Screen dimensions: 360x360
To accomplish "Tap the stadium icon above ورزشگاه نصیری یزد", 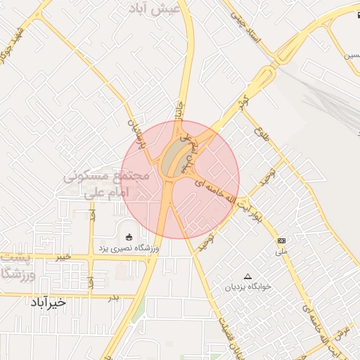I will (x=128, y=236).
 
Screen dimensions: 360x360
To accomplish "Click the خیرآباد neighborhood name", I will (x=47, y=302).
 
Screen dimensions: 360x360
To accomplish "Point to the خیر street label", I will (x=64, y=257).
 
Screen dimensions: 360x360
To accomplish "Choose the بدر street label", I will (x=113, y=297).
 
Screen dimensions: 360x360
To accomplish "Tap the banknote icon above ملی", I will (x=281, y=240).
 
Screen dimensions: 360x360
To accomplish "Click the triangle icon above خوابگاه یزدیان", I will (x=247, y=276).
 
